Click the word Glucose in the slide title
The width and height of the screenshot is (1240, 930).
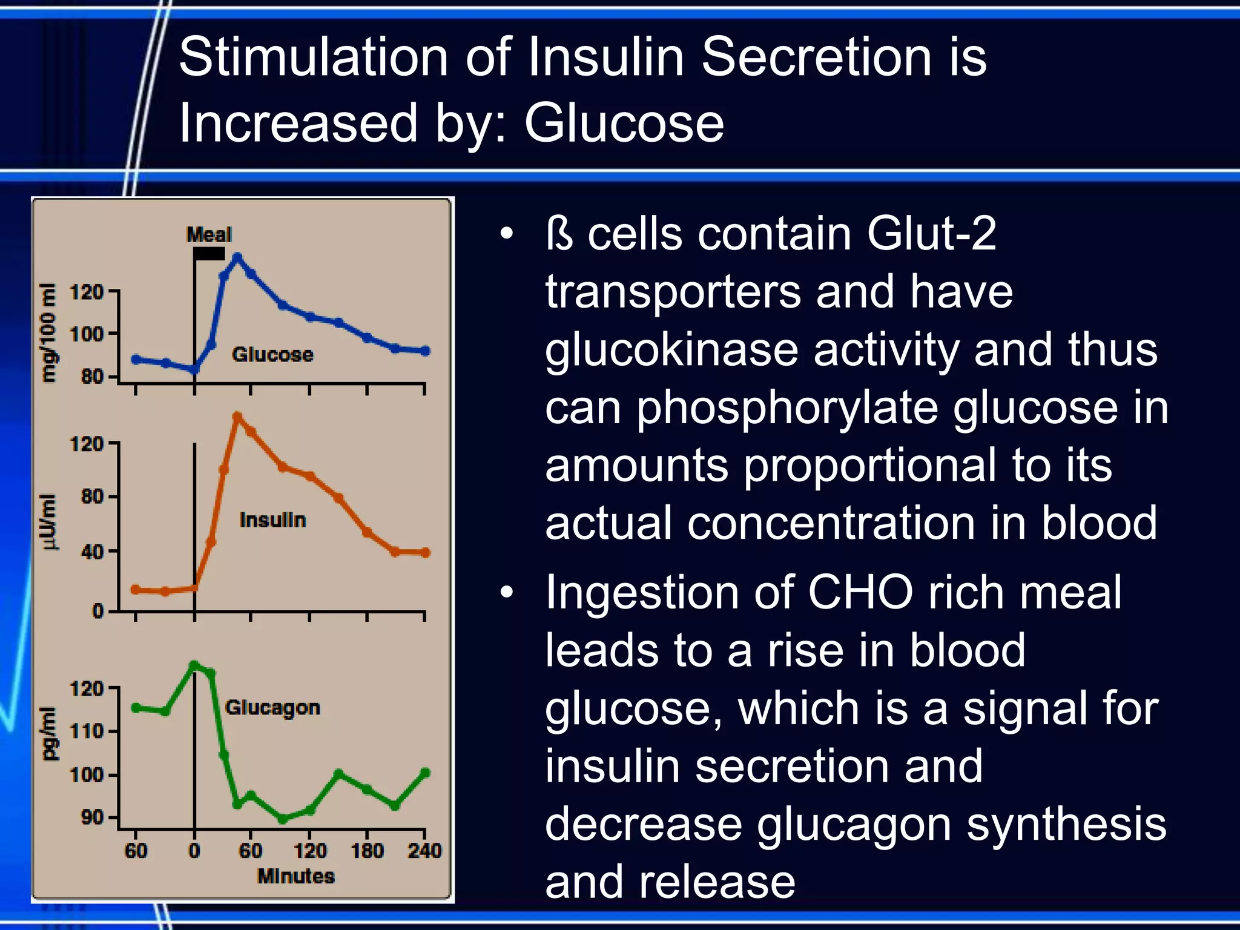point(624,123)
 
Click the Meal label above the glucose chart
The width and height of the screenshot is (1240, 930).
point(209,234)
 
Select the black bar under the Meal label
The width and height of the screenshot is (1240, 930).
point(209,254)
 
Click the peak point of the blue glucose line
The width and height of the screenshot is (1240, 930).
point(237,258)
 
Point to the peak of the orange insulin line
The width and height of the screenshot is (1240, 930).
point(237,417)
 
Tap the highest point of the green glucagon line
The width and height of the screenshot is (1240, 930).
point(194,665)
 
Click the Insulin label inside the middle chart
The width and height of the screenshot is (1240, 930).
point(272,520)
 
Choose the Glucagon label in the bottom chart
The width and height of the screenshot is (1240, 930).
point(272,707)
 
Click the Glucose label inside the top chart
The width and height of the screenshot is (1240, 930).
point(272,354)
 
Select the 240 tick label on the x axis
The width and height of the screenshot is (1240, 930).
point(424,851)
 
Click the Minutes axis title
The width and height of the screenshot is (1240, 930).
point(295,876)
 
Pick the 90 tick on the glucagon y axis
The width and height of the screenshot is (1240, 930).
point(92,817)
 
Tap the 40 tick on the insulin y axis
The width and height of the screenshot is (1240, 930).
point(92,552)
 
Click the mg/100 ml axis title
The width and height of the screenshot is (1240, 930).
point(48,333)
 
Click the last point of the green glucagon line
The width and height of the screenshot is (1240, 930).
point(425,773)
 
